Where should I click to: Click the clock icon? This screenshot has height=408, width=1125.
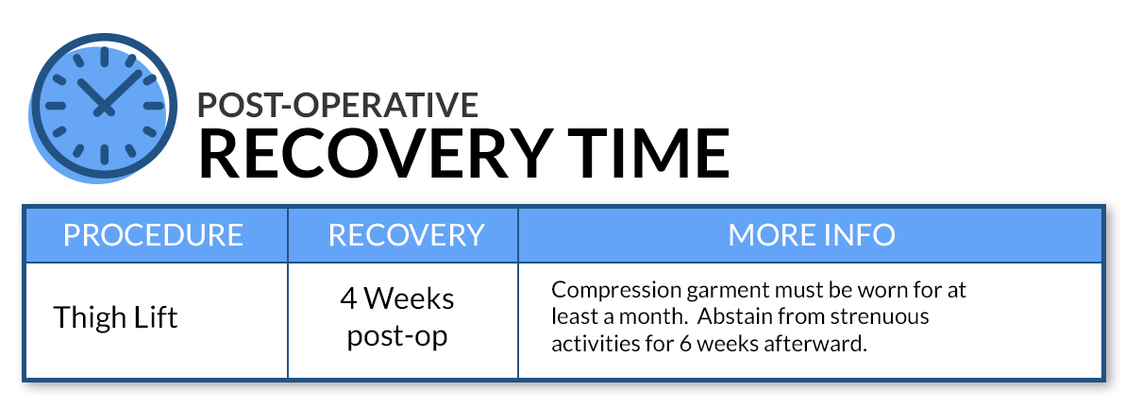(x=103, y=107)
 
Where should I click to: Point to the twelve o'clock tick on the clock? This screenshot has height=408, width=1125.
(x=105, y=58)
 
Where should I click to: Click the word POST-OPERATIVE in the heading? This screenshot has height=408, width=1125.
(x=337, y=105)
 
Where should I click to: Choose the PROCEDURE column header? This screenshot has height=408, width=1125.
(x=154, y=235)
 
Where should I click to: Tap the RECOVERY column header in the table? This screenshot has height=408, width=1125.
(x=406, y=235)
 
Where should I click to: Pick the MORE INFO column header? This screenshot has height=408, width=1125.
(x=812, y=235)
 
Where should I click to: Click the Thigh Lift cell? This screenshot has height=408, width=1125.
(x=115, y=316)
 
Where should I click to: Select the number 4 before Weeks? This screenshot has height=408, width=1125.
(x=349, y=298)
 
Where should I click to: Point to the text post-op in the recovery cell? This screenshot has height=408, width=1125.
(x=397, y=336)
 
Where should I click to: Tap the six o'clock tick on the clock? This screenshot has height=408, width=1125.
(x=105, y=155)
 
